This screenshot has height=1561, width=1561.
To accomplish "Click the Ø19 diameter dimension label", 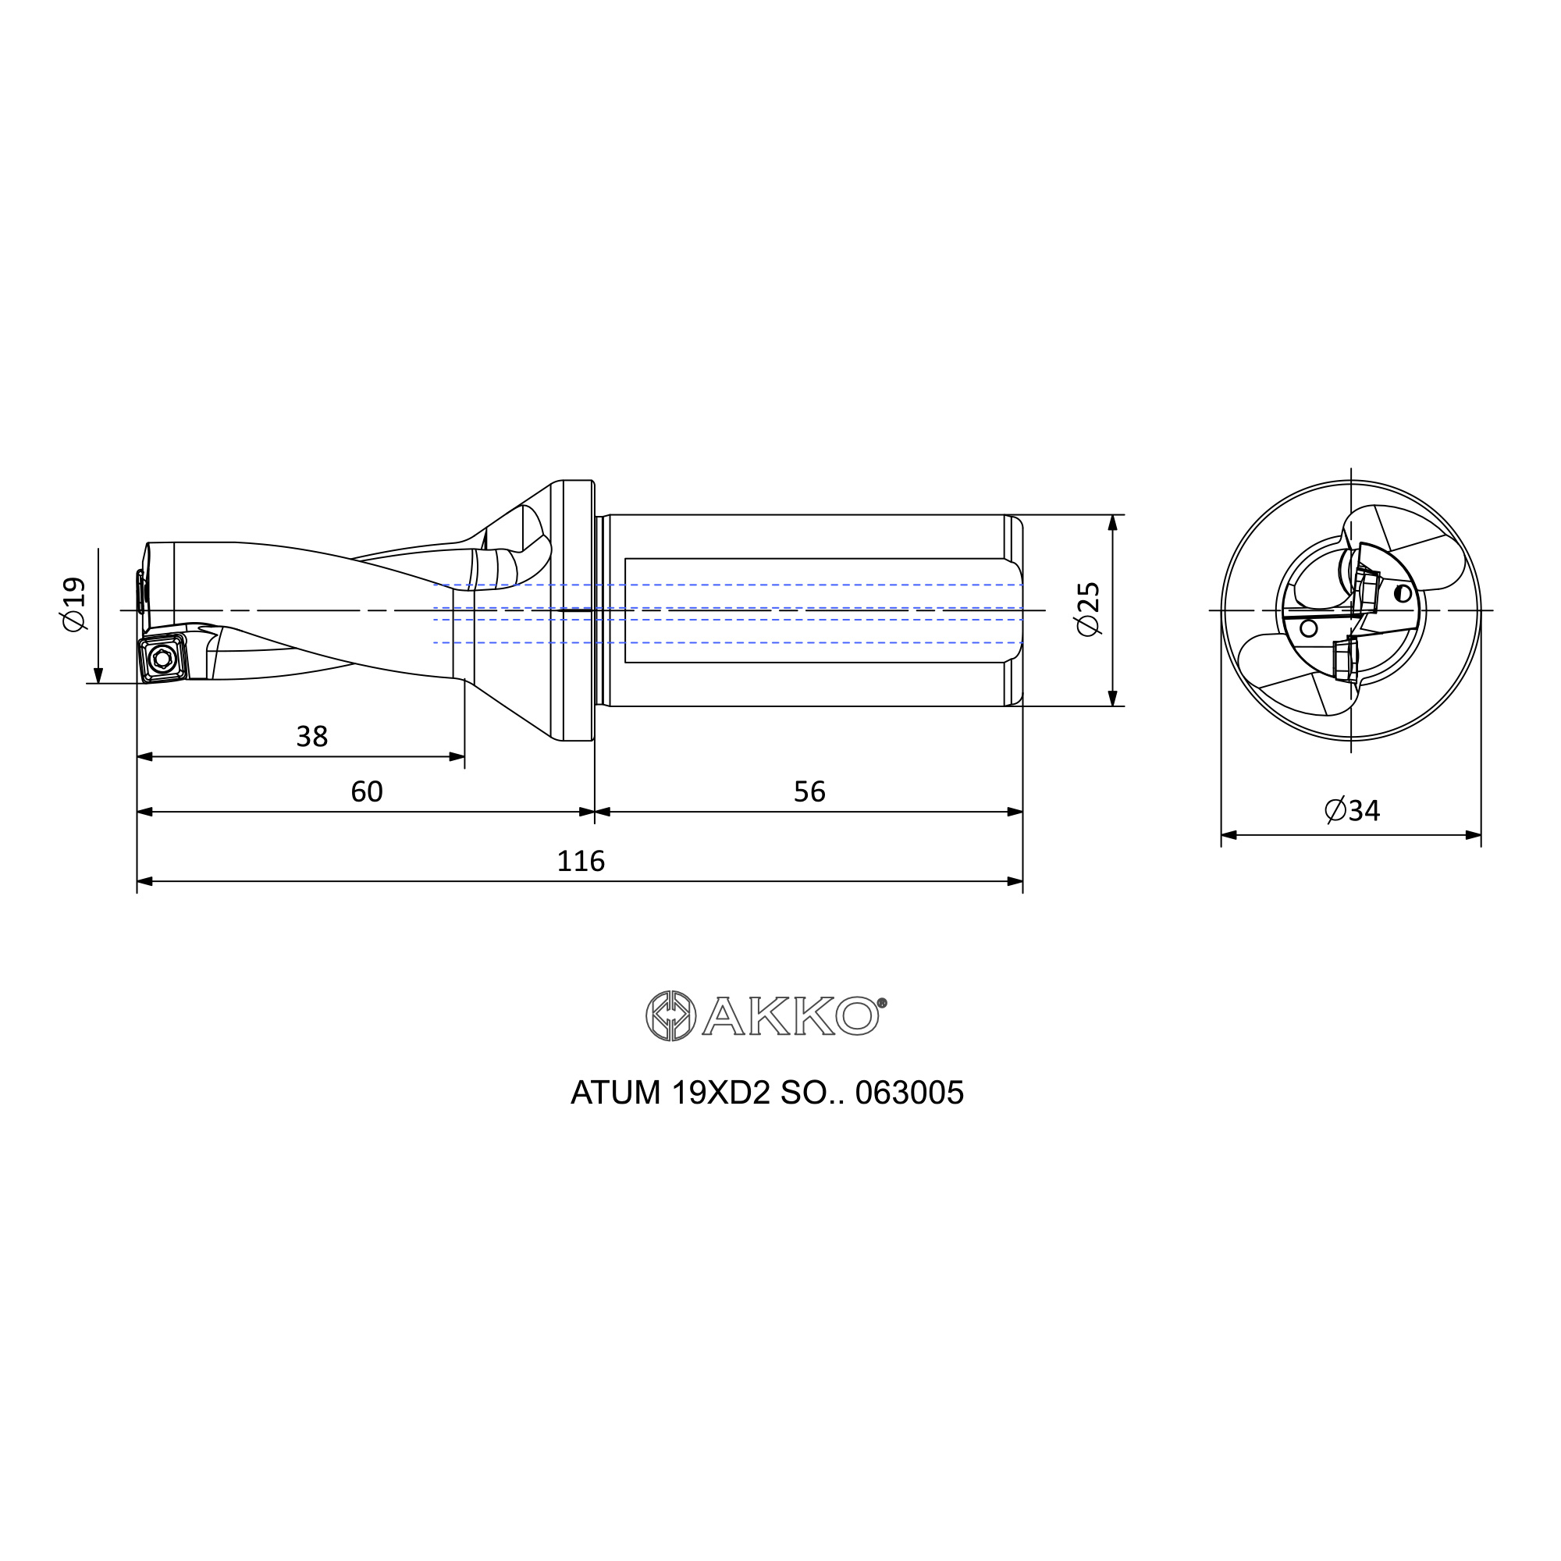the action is (74, 603).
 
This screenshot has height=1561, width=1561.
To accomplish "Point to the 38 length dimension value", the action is (312, 736).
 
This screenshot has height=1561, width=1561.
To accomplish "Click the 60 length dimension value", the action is (367, 791).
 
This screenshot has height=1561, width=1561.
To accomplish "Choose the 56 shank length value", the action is (809, 791).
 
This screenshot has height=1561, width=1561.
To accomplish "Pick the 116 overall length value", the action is (581, 862).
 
